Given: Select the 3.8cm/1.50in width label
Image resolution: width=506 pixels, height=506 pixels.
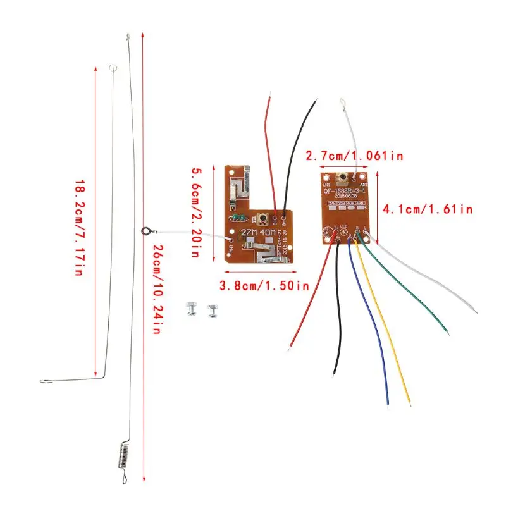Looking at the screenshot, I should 264,286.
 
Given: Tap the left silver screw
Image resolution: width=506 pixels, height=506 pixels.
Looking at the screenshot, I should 190,309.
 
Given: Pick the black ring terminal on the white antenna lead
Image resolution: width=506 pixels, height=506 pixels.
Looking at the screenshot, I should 147,231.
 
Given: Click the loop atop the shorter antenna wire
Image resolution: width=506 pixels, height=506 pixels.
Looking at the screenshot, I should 113,67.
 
